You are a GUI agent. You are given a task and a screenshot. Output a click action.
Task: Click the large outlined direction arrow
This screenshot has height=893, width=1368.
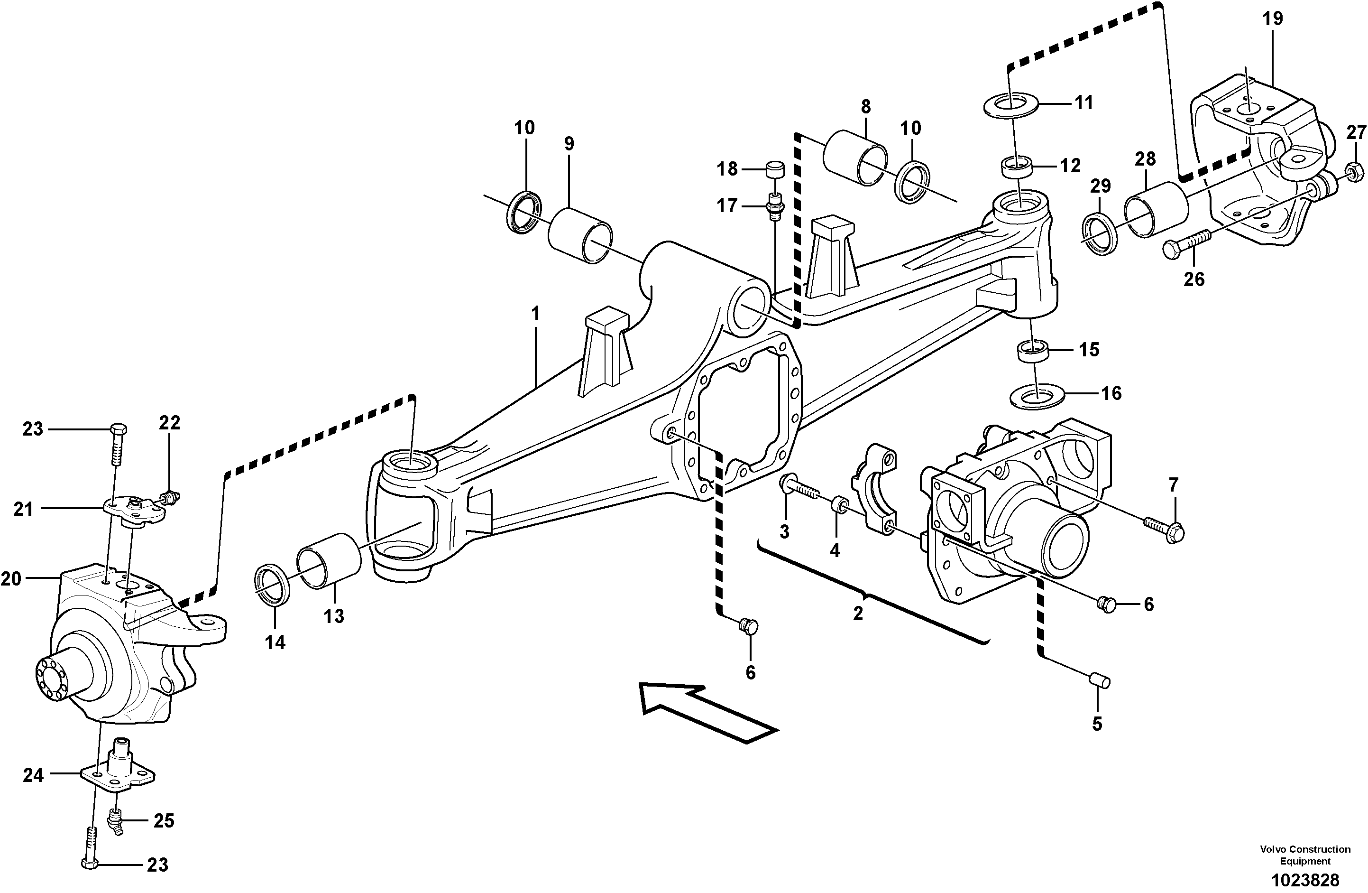point(707,712)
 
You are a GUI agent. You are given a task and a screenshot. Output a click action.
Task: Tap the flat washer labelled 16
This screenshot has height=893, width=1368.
point(1037,397)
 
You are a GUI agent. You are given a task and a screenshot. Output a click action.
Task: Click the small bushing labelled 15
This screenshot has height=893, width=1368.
point(1033,350)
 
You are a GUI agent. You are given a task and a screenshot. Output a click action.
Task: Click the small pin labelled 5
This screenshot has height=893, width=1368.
point(1100,683)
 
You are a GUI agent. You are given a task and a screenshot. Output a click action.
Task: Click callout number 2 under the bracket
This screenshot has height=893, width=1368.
point(858,614)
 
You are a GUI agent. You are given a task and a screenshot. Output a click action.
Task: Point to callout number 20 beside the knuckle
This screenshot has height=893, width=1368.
point(11,579)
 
